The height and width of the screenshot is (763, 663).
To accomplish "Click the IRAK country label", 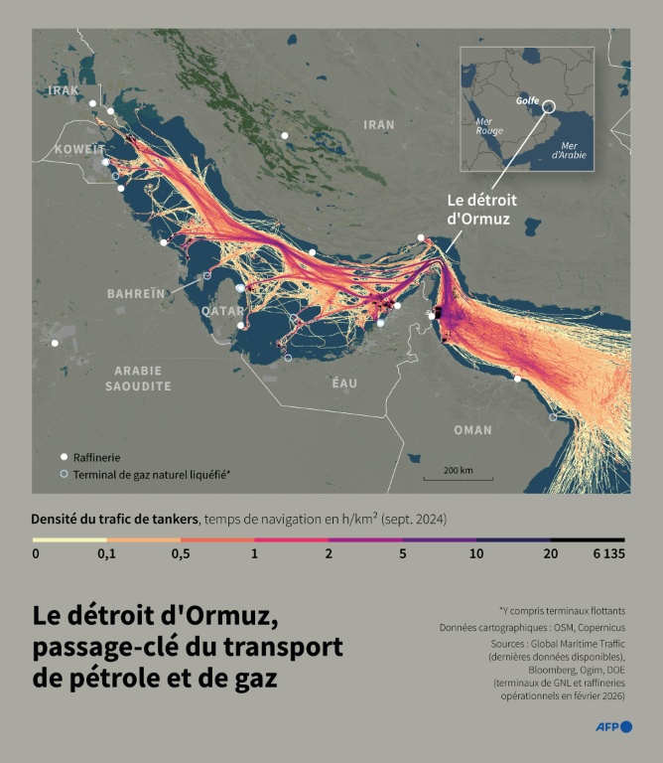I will coord(63,90).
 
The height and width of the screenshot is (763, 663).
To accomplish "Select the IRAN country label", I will coord(378,125).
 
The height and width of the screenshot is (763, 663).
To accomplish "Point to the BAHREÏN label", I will coord(136,294).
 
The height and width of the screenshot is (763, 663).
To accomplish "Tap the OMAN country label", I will coord(472,430).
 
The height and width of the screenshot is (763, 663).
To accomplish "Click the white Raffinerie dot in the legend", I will coord(65,457).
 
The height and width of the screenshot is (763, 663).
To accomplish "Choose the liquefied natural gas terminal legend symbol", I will coord(65,475).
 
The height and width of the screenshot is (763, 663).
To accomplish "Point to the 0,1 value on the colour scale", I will coord(106,554).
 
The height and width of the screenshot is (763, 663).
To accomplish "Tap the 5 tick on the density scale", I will coord(403,554).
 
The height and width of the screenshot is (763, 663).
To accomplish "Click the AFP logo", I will coord(613,727).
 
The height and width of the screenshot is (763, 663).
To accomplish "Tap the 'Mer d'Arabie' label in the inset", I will coord(568,150).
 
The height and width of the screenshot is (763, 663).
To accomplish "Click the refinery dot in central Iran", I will coord(285,136).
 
